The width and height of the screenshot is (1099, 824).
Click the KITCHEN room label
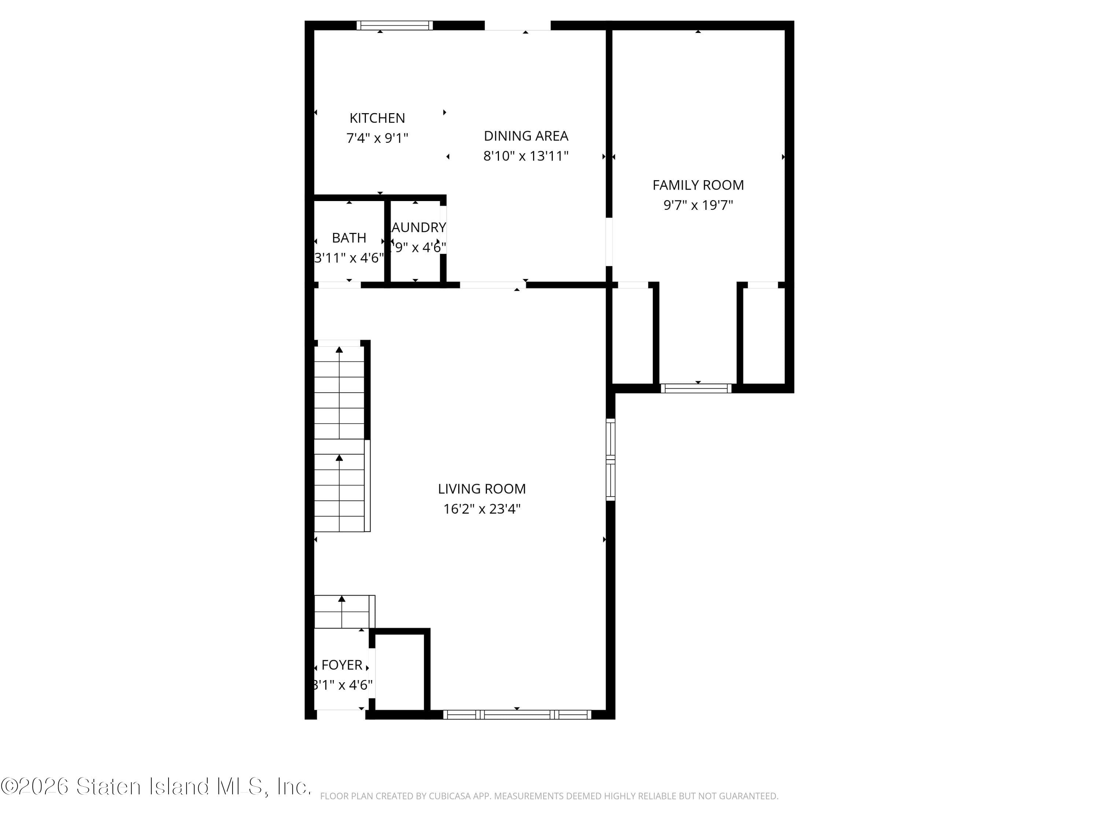coord(377,118)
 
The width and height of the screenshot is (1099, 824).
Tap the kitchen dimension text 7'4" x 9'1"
coord(377,138)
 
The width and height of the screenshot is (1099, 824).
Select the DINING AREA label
coord(526,136)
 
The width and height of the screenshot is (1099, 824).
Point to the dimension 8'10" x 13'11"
coord(526,156)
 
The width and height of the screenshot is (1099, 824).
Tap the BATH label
coord(349,238)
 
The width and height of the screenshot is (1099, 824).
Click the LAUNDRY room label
coord(418,227)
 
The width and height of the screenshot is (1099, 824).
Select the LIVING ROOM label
coord(481,489)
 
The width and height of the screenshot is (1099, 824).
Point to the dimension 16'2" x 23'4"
coord(481,509)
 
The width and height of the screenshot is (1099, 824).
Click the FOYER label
coord(342,665)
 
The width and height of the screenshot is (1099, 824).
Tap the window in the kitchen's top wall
coord(395,25)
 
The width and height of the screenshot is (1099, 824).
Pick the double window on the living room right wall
coord(611,460)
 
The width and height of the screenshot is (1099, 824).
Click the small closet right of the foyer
coord(399,672)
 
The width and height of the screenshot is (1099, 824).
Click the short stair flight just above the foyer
coord(343,612)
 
